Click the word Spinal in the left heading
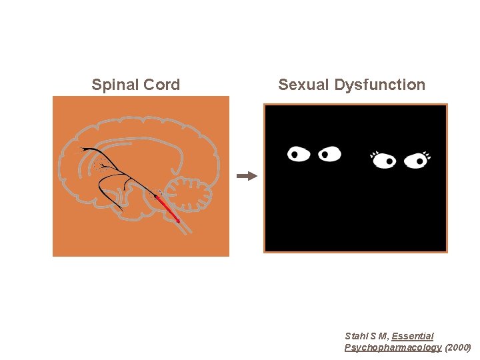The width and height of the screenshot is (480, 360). (112, 85)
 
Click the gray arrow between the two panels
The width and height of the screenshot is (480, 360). (247, 176)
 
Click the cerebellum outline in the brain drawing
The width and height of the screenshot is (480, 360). (188, 194)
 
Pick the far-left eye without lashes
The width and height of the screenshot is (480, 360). (299, 155)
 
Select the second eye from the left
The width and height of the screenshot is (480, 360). (329, 155)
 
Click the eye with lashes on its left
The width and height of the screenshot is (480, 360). (385, 161)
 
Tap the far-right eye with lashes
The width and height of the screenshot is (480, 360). (417, 161)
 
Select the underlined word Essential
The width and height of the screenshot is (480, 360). (412, 336)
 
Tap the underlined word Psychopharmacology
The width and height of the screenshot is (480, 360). (393, 347)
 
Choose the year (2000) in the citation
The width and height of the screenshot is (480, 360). (458, 347)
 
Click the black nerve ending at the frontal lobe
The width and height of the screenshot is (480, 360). (83, 149)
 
